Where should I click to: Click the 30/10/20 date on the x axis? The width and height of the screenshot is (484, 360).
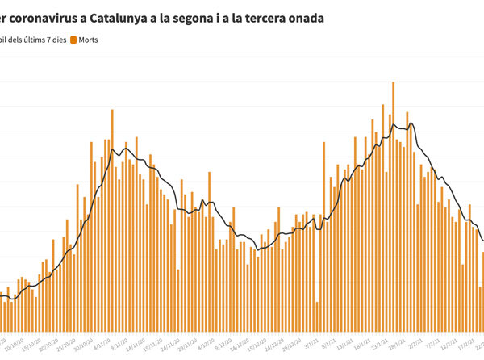coord(82,342)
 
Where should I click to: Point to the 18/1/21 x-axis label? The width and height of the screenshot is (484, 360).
coord(365,342)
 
